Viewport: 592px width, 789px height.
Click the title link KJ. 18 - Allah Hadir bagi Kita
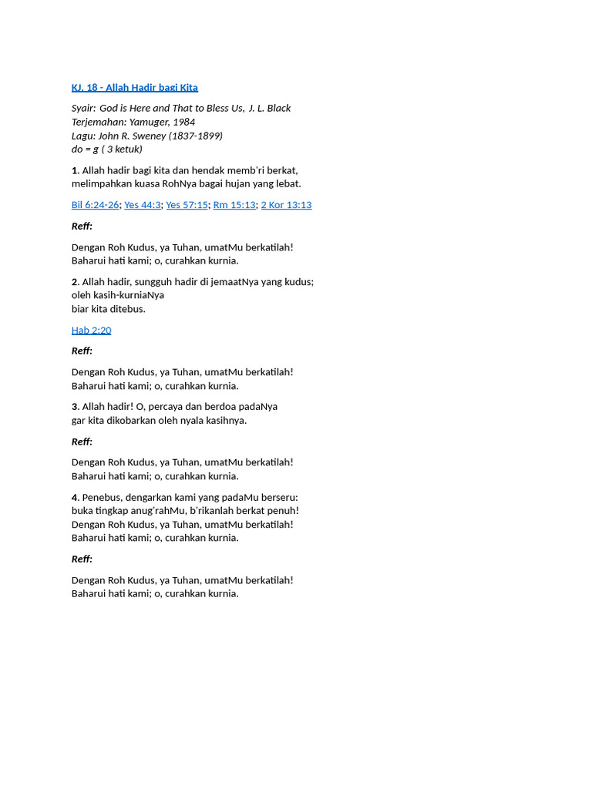coord(134,88)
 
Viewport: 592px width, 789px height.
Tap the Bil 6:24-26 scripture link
coord(95,205)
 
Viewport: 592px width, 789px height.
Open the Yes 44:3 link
coord(143,205)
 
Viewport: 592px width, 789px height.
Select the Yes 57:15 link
coord(187,205)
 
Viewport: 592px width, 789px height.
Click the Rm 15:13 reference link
coord(234,205)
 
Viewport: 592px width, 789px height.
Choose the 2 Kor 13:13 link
coord(286,205)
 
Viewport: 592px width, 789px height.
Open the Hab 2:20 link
coord(91,331)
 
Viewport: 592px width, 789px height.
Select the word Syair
coord(83,109)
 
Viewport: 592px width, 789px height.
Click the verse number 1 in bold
coord(75,170)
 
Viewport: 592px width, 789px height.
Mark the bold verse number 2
coord(75,282)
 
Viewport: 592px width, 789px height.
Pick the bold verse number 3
coord(75,407)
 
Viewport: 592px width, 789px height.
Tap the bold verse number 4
coord(75,498)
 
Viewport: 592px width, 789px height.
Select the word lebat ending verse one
coord(287,184)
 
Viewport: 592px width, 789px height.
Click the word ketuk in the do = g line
coord(126,149)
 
